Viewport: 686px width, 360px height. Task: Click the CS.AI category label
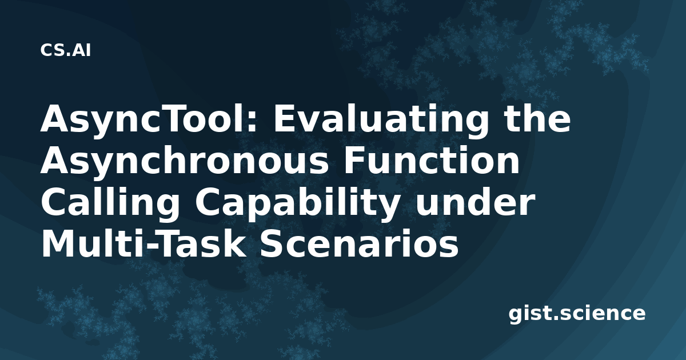66,50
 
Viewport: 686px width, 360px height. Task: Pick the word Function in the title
432,159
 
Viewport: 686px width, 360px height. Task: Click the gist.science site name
577,314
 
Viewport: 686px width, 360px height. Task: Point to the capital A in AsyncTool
54,118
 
